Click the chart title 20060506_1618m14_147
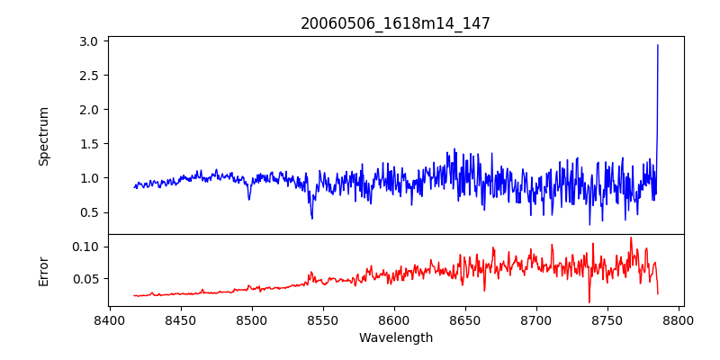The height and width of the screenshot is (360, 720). pos(395,23)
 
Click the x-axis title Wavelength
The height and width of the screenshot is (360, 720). pos(395,337)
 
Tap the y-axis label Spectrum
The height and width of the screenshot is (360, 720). pos(43,136)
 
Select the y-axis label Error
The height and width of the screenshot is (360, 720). pos(43,270)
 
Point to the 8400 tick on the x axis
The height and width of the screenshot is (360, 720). pos(109,319)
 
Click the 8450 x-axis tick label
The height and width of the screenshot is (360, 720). pos(180,319)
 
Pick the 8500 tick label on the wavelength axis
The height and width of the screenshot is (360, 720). pos(251,319)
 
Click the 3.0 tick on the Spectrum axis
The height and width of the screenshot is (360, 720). pos(88,41)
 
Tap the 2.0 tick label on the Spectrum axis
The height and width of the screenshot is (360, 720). pos(88,110)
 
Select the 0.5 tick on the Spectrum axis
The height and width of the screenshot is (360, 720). pos(88,212)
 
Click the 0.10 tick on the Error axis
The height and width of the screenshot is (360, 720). pos(85,247)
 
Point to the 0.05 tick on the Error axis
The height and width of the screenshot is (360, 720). pos(85,279)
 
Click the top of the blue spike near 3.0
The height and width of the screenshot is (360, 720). pos(658,45)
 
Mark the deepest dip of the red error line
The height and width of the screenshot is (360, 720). pos(589,302)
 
